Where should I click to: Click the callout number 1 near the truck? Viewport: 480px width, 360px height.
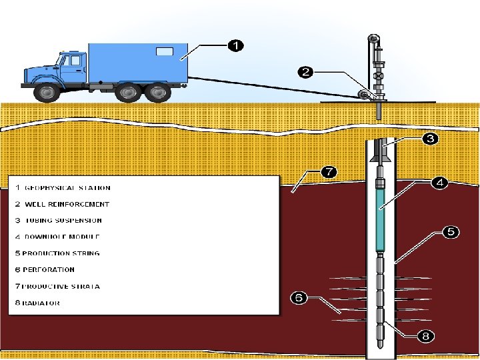235,45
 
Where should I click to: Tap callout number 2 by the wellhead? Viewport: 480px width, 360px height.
305,72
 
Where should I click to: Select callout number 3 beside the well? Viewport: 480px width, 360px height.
430,139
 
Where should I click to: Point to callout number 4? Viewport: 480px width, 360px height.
439,183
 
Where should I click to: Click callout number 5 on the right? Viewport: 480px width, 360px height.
451,232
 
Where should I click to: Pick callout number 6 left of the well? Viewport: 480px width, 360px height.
299,297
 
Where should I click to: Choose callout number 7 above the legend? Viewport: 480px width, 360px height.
328,172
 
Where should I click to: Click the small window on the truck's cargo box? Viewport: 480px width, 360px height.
164,51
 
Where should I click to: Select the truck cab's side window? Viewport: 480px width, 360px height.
73,61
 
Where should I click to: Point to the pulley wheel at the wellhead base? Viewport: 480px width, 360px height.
363,95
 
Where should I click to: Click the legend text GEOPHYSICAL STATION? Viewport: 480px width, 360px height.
67,188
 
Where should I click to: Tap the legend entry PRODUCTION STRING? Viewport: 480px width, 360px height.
61,253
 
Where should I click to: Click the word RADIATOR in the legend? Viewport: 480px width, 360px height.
41,303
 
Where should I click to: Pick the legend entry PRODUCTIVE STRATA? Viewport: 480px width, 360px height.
61,286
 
